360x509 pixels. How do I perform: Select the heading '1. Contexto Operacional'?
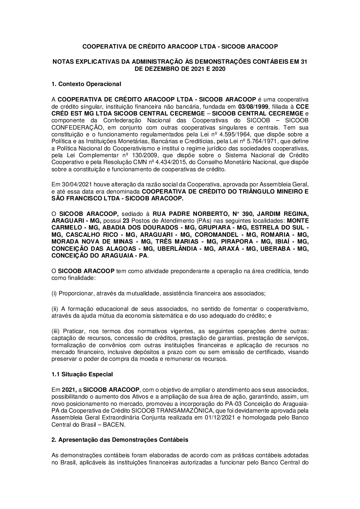click(x=86, y=84)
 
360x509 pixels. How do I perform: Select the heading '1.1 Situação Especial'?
click(x=82, y=374)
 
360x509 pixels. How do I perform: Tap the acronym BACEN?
click(x=114, y=424)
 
